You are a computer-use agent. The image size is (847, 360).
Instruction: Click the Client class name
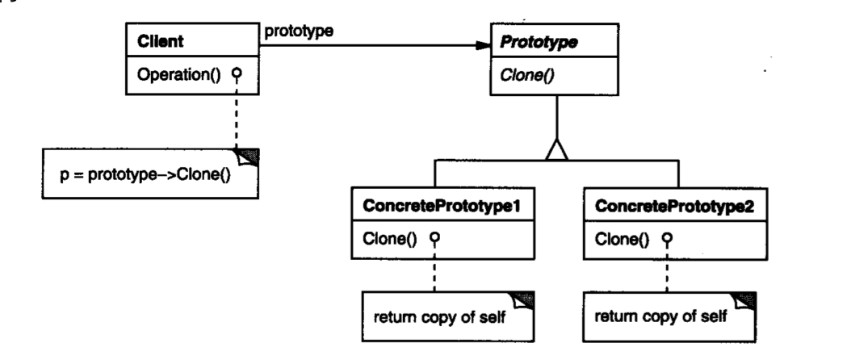tap(161, 41)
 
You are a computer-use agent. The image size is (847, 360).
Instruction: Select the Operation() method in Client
tap(178, 75)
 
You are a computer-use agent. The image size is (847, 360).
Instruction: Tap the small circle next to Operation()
tap(236, 73)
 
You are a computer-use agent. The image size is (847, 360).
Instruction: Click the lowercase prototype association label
tap(299, 31)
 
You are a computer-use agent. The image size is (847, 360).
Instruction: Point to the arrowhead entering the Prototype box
tap(482, 46)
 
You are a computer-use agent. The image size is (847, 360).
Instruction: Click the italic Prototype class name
tap(538, 43)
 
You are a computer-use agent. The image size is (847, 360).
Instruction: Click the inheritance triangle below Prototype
tap(556, 149)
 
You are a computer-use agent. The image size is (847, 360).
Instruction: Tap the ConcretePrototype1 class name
tap(442, 206)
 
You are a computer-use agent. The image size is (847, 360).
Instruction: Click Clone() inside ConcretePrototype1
tap(390, 239)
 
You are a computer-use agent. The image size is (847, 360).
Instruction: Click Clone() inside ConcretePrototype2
tap(622, 239)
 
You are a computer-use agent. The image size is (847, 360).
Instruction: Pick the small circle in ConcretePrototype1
tap(434, 237)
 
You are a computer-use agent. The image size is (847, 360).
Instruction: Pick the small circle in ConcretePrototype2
tap(667, 237)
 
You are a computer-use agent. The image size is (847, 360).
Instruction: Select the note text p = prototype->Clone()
tap(145, 177)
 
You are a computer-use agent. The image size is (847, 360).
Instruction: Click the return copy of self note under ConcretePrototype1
tap(439, 317)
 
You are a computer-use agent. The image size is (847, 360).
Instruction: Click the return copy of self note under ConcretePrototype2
tap(660, 316)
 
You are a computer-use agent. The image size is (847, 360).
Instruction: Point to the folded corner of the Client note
tap(247, 157)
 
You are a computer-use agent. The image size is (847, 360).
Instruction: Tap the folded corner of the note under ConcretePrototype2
tap(744, 300)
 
